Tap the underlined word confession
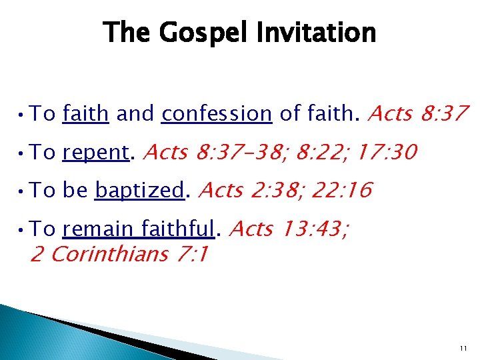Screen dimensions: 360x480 coord(217,114)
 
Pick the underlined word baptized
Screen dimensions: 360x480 coord(139,191)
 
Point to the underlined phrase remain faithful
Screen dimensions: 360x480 coord(139,229)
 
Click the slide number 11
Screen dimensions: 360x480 coord(463,349)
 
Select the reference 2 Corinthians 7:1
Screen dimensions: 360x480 coord(119,254)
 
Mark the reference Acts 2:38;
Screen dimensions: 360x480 coord(245,191)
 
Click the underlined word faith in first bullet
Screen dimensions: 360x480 coord(85,114)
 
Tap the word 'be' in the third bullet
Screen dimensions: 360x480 coord(75,191)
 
